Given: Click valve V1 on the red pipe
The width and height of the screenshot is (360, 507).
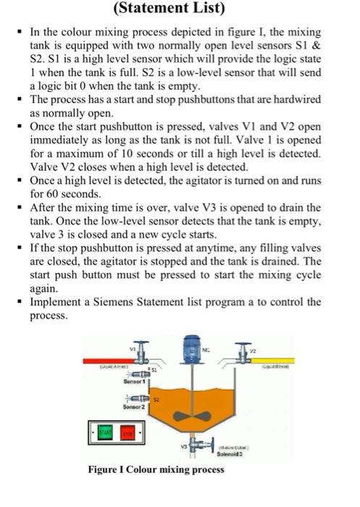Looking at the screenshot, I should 143,358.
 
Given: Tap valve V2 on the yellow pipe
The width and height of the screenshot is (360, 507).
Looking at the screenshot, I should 243,356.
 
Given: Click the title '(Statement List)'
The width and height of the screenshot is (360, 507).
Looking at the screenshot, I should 180,9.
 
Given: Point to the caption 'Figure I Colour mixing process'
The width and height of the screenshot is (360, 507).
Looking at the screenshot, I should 156,469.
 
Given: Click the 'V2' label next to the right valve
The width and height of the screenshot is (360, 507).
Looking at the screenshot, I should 253,348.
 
